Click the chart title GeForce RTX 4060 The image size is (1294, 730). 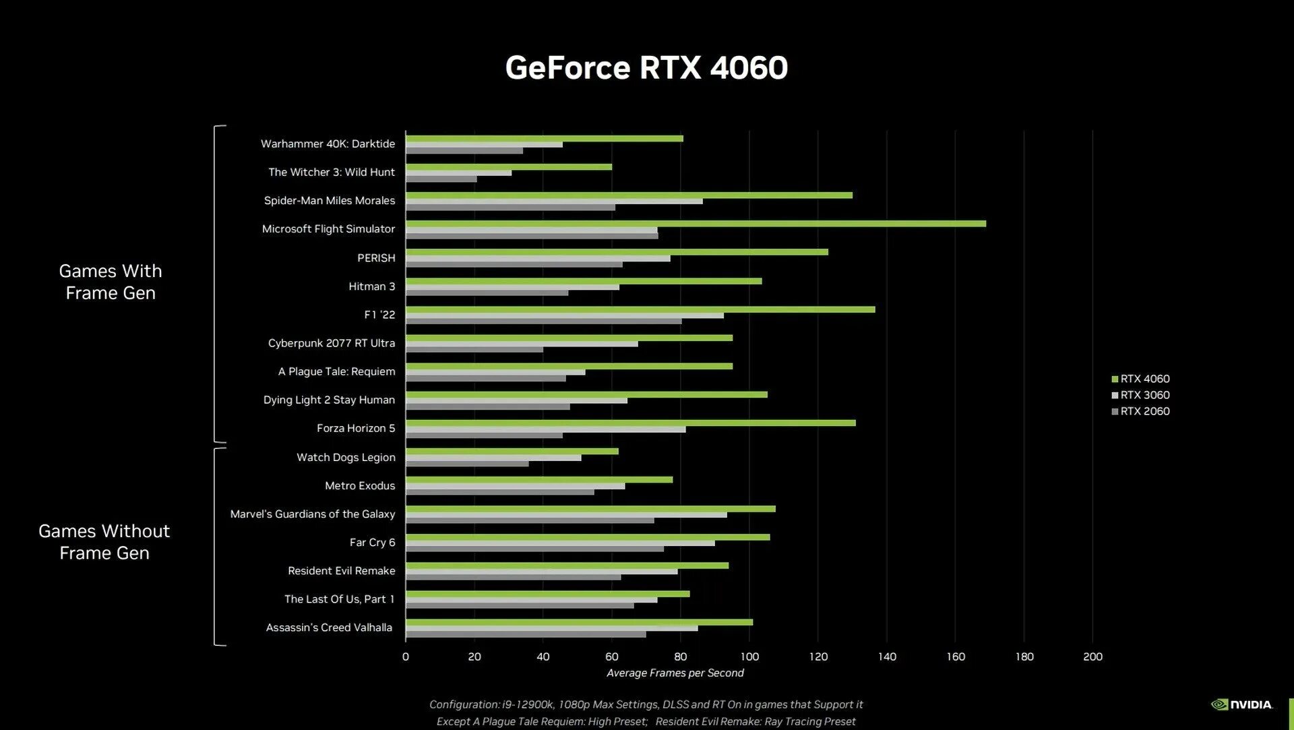point(646,68)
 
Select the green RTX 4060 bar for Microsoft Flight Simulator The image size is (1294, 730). point(695,224)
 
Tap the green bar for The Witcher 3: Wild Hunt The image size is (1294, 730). point(509,166)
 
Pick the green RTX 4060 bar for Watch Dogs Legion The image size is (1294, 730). point(512,451)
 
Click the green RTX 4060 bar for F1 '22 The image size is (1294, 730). point(640,309)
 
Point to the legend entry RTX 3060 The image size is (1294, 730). point(1144,395)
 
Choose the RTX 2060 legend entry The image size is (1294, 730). point(1144,411)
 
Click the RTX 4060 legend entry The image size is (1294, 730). point(1144,379)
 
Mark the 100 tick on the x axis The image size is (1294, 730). point(749,657)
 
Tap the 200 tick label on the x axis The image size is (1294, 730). point(1092,657)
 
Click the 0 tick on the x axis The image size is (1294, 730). point(405,657)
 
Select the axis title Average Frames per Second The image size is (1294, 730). point(675,673)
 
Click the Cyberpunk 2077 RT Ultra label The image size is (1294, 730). point(332,343)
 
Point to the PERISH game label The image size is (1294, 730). point(376,258)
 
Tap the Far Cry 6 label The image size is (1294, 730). point(372,543)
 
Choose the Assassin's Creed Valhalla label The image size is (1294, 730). point(329,628)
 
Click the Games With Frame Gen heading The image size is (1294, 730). point(111,282)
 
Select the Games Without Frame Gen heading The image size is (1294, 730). point(104,542)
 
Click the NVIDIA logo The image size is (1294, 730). point(1241,704)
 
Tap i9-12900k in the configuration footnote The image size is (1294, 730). point(528,704)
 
